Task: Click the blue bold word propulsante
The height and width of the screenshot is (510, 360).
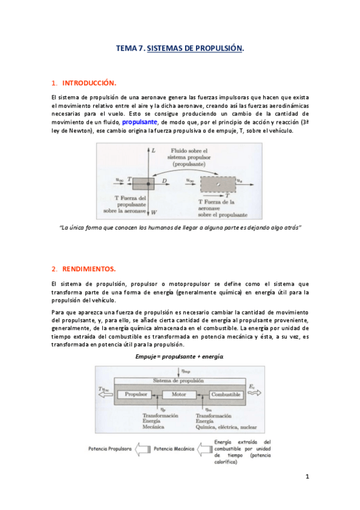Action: (x=139, y=121)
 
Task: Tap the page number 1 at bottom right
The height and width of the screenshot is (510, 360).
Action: (x=307, y=477)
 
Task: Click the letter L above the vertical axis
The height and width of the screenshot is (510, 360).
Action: (x=153, y=149)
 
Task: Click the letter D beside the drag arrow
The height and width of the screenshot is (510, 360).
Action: (x=164, y=179)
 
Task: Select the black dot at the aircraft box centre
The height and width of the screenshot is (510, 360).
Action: (x=148, y=183)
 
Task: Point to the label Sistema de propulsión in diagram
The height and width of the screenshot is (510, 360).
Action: (x=180, y=381)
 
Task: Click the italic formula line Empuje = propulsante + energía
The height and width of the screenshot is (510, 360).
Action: (x=180, y=357)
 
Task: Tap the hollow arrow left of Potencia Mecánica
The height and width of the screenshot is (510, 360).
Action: (x=142, y=449)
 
